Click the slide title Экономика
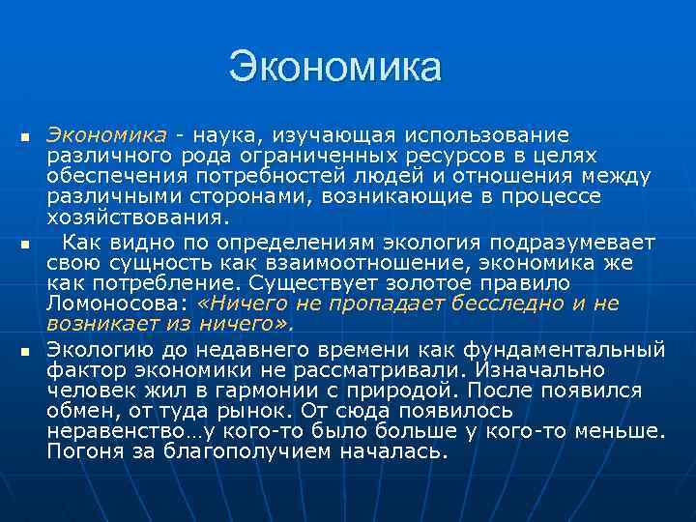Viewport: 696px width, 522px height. (334, 68)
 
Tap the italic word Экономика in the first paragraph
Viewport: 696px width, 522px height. (107, 133)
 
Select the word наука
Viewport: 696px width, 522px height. (227, 133)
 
